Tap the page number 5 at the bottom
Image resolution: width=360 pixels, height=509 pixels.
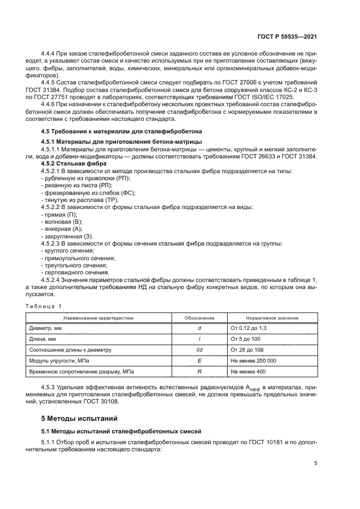[x=315, y=463]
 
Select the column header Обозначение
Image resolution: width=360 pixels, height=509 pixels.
[x=199, y=317]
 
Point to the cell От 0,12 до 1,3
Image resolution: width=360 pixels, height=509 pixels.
[x=249, y=328]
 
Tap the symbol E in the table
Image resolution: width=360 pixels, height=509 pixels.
[x=199, y=360]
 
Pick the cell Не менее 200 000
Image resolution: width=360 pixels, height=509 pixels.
[x=253, y=360]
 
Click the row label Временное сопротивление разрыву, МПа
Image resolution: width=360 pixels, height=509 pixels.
[x=81, y=371]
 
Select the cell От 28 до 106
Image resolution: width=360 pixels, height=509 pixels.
[x=248, y=349]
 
